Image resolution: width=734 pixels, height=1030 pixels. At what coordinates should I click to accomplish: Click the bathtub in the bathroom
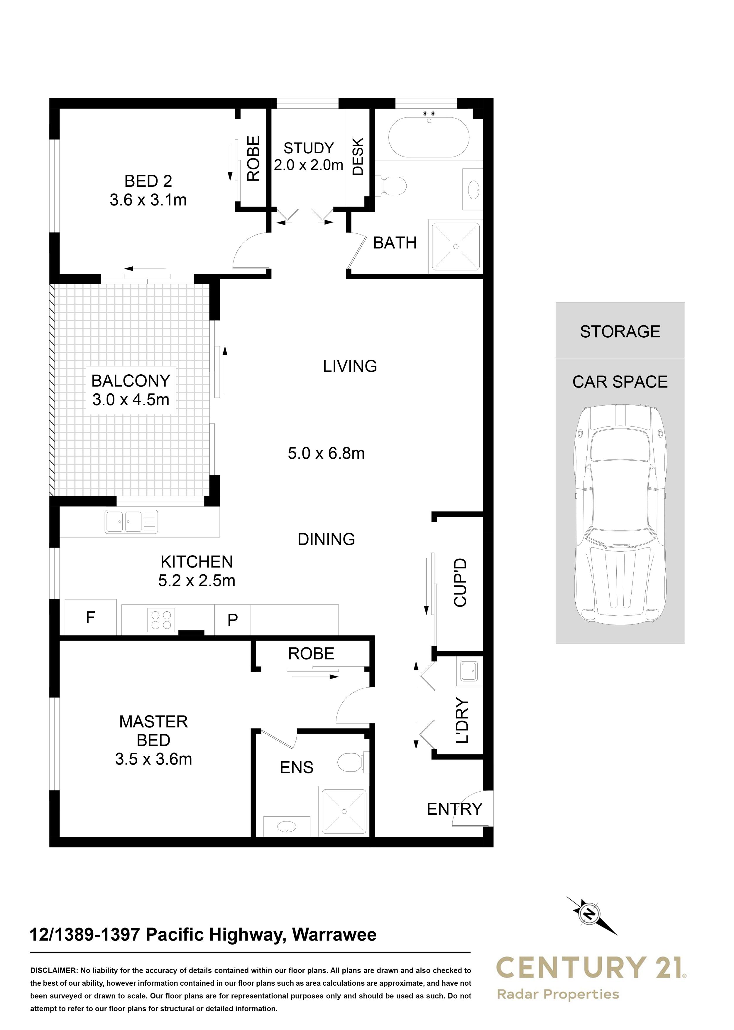[x=429, y=137]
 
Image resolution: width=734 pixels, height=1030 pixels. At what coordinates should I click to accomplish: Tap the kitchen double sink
[x=131, y=521]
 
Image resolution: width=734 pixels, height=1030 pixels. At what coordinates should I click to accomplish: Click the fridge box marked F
[x=90, y=617]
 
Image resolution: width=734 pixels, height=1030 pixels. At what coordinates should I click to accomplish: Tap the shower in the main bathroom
[x=456, y=247]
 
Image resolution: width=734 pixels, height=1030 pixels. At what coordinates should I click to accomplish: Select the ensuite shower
[x=344, y=812]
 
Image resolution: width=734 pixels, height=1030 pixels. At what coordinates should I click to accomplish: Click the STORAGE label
[x=620, y=331]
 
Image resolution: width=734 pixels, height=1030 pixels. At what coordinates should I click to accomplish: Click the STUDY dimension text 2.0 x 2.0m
[x=308, y=165]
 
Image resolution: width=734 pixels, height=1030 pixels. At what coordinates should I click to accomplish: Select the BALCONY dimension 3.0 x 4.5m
[x=131, y=399]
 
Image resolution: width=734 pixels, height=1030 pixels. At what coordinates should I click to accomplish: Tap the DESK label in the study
[x=358, y=156]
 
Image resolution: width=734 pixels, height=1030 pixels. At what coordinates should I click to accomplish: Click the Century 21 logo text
[x=589, y=967]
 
